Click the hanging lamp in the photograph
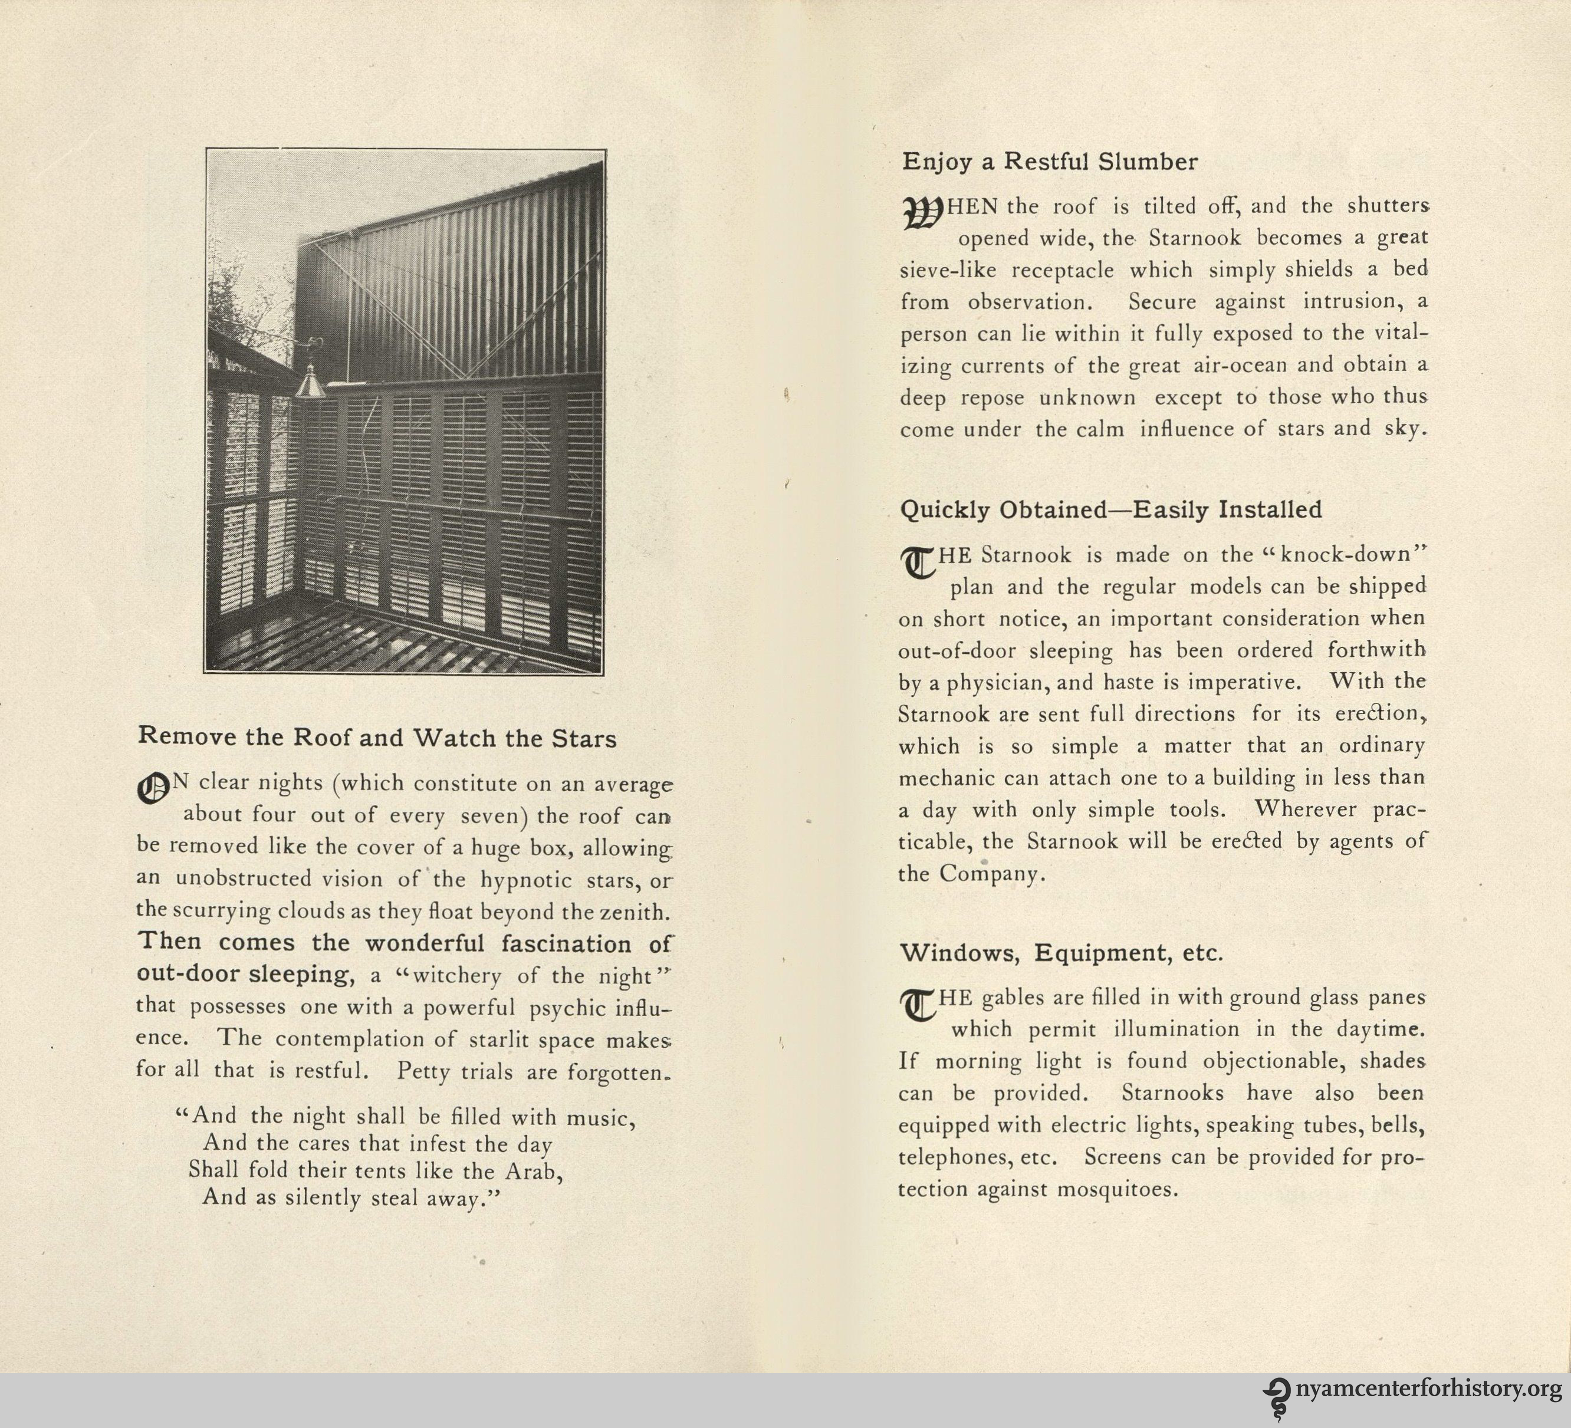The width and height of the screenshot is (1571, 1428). coord(310,381)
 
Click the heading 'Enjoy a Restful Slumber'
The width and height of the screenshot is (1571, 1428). coord(1050,162)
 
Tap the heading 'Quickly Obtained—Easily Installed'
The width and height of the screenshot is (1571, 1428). coord(1110,509)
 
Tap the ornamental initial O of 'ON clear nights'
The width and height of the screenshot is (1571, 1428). coord(152,789)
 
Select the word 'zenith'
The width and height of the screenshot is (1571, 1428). coord(633,911)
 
